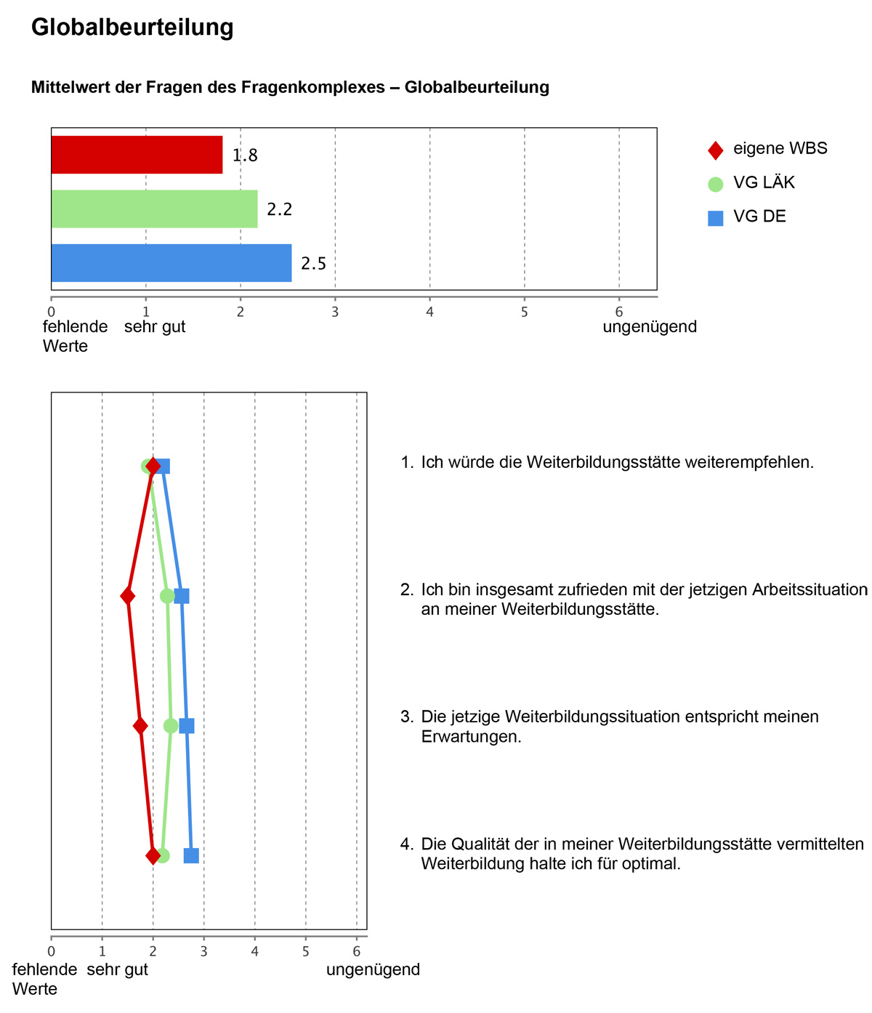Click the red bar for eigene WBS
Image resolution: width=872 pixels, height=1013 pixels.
137,155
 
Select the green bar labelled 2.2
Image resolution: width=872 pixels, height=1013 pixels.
154,209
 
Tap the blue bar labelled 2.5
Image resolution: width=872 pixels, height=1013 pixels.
171,263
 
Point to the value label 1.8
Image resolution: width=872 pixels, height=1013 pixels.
245,156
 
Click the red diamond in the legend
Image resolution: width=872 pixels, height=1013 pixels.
716,150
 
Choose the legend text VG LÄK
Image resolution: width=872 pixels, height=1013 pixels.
764,183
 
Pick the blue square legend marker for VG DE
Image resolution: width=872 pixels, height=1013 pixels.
716,218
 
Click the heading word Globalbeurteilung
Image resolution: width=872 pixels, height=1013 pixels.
132,28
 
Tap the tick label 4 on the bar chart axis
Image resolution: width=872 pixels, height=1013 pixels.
429,312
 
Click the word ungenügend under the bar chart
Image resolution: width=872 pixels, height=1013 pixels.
650,327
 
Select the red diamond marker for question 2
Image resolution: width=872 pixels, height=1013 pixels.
128,597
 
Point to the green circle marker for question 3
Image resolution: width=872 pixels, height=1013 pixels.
171,726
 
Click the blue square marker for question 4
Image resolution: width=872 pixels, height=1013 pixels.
191,856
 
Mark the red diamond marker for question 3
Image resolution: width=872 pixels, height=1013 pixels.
140,726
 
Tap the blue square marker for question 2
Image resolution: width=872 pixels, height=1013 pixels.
182,597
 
